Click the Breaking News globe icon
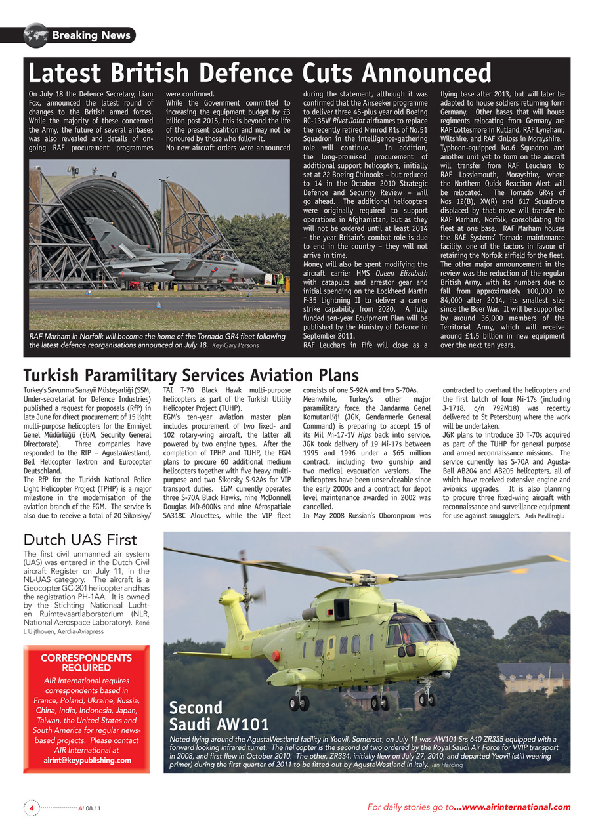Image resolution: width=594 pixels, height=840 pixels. click(35, 35)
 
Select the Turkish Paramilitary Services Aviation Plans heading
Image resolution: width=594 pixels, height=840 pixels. click(191, 375)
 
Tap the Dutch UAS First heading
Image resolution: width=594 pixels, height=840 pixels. click(80, 540)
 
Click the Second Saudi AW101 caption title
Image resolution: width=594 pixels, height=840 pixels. click(219, 717)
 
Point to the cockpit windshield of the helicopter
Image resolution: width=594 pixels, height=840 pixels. click(433, 631)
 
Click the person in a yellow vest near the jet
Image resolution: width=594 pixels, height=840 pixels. click(281, 282)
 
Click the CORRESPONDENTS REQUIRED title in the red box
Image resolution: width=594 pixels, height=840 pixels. click(86, 663)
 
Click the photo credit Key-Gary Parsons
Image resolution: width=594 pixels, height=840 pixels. click(235, 345)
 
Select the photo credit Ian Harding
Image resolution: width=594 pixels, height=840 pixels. click(447, 765)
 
